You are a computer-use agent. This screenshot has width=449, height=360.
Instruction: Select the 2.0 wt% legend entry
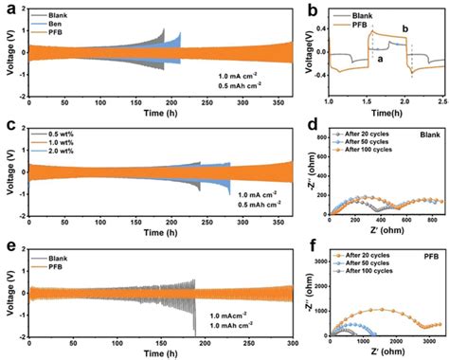point(76,150)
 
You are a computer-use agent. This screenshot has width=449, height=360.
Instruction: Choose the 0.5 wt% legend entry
point(76,133)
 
